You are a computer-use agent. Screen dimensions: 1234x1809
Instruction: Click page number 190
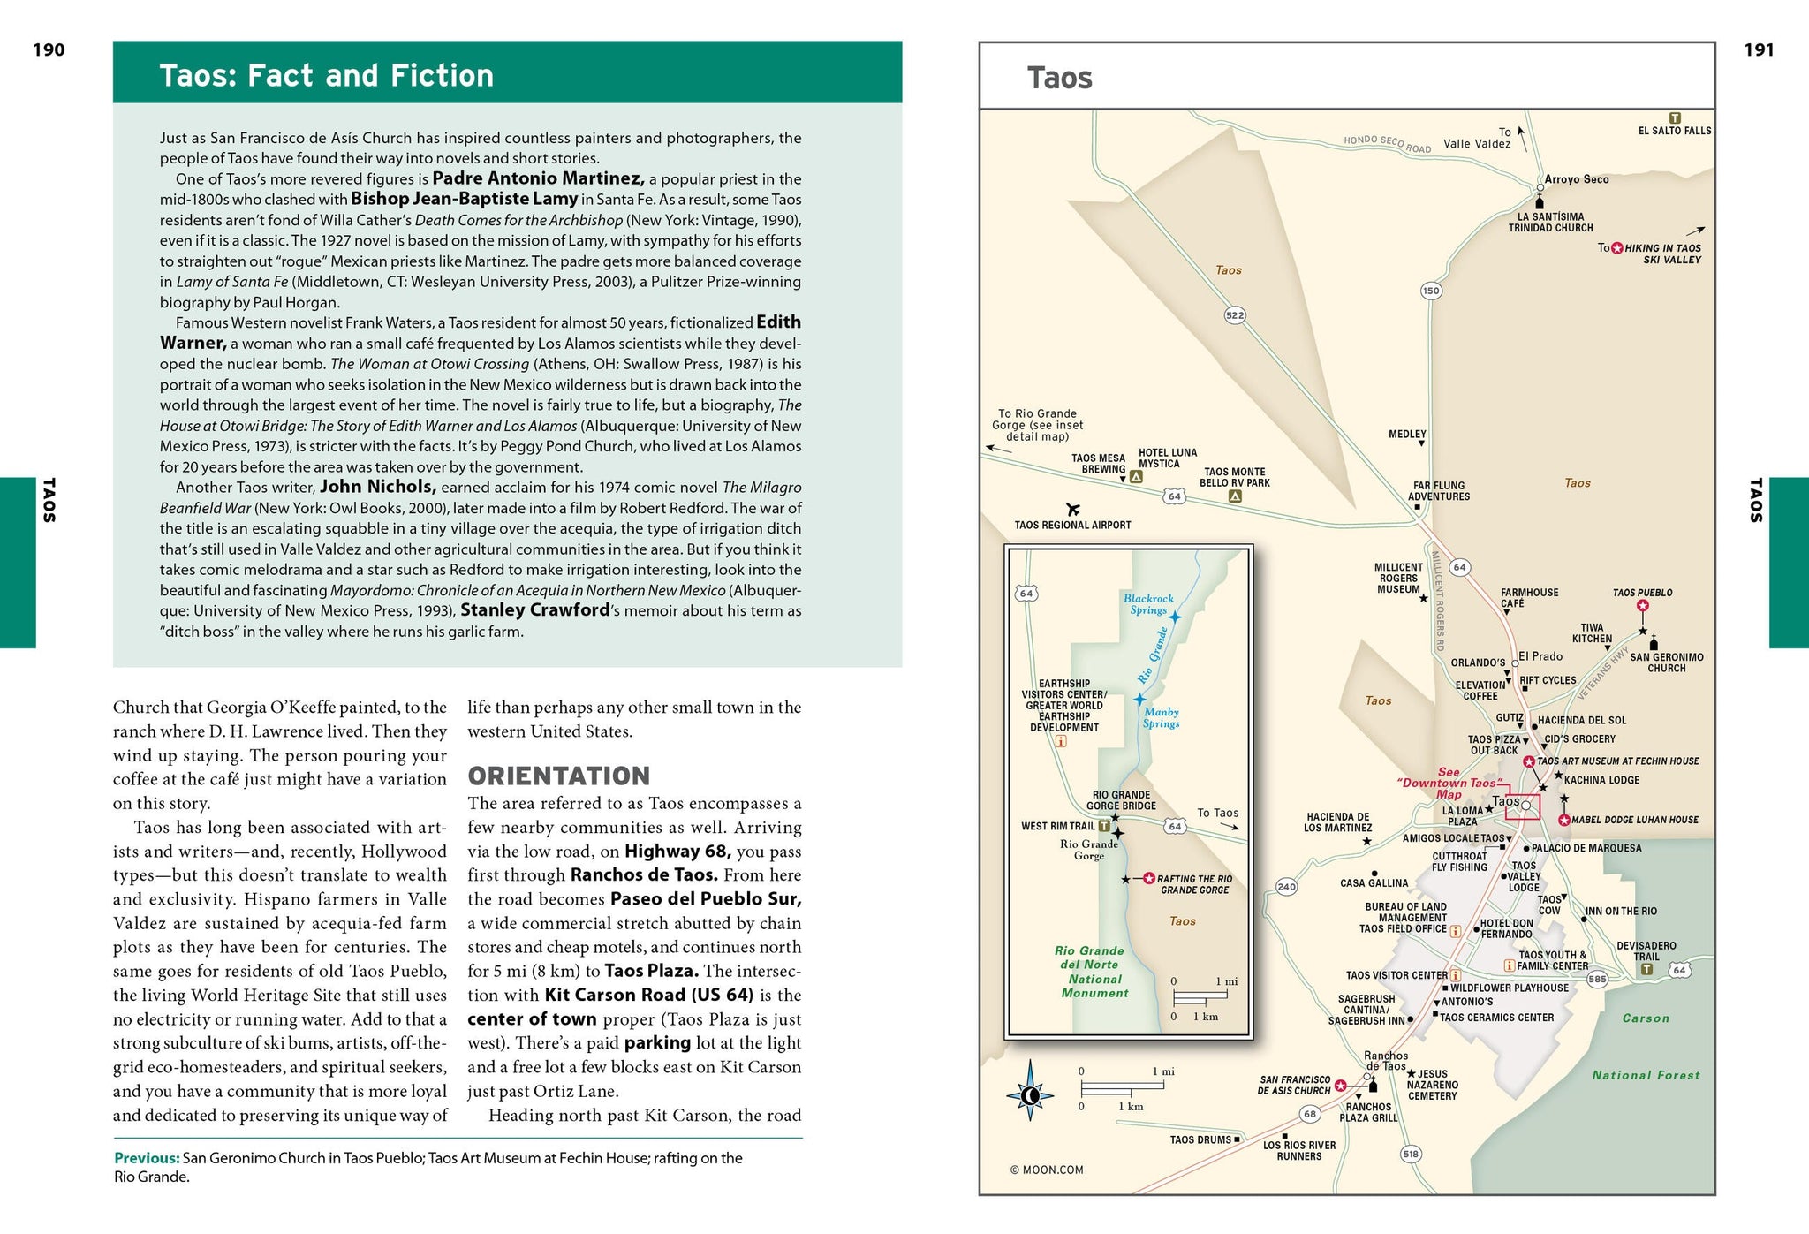pos(49,50)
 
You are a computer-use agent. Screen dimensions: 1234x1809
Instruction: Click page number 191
pos(1759,50)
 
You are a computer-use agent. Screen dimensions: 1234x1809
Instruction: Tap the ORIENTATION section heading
pos(558,776)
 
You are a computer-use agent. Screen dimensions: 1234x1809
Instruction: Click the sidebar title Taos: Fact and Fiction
pos(326,76)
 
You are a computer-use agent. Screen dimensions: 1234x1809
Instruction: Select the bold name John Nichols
pos(378,487)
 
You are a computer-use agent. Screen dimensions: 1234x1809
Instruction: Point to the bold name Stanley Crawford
pos(535,610)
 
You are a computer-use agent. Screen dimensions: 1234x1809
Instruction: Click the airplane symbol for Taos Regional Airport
pos(1073,509)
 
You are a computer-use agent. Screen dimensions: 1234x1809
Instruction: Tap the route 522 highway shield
pos(1235,314)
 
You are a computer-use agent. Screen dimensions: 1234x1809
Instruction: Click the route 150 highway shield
pos(1431,291)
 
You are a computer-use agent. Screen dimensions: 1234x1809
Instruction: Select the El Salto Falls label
pos(1674,131)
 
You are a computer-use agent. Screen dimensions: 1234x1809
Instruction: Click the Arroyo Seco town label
pos(1577,179)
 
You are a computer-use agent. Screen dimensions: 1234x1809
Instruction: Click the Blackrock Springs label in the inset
pos(1148,604)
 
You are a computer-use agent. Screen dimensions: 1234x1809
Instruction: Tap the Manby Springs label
pos(1161,717)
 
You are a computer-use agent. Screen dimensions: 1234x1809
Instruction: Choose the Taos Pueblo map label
pos(1642,593)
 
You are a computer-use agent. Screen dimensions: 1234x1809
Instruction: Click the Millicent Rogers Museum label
pos(1398,579)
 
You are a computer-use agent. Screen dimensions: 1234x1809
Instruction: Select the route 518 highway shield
pos(1410,1154)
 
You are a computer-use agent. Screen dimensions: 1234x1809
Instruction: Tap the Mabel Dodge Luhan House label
pos(1634,820)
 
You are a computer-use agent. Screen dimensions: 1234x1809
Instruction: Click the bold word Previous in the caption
pos(147,1158)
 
